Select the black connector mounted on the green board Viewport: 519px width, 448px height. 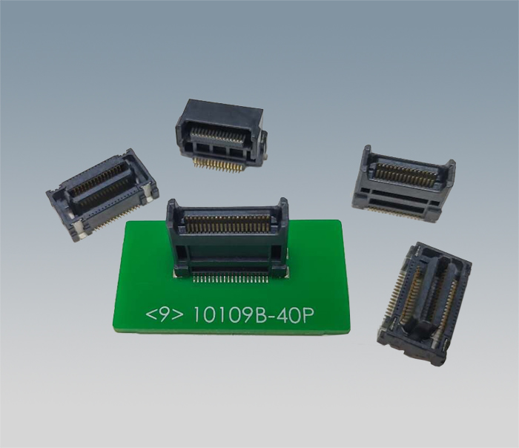click(228, 238)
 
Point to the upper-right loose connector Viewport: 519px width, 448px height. click(403, 184)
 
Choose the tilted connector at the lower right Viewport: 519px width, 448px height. click(424, 304)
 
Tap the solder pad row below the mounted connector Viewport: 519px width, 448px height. click(230, 280)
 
